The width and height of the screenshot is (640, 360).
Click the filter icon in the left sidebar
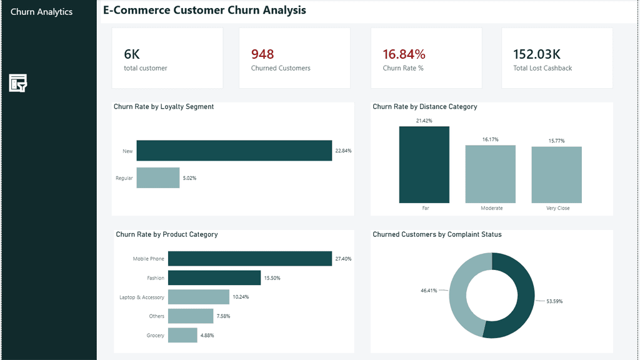coord(18,83)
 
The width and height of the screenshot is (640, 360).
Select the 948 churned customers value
coord(262,54)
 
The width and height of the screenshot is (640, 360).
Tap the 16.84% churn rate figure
coord(404,54)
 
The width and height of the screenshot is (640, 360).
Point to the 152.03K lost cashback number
coord(536,54)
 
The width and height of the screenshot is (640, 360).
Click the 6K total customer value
coord(132,54)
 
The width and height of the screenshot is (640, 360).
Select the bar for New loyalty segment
coord(234,151)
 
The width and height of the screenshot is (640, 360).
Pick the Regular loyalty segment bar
coord(158,177)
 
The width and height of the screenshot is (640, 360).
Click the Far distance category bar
coord(424,164)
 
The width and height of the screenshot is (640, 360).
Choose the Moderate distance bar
coord(490,174)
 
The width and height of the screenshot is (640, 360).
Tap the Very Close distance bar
coord(556,175)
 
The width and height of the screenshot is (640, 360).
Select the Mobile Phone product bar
coord(250,258)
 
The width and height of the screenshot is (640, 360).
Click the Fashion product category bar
coord(214,277)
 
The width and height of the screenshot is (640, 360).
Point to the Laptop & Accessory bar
coord(199,297)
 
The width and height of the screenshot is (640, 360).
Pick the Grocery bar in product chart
coord(182,335)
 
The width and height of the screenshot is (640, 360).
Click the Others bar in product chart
coord(191,316)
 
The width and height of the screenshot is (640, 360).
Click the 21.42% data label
coord(424,121)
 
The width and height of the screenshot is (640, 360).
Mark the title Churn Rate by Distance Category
coord(425,106)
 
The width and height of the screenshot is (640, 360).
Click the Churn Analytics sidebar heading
coord(42,12)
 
